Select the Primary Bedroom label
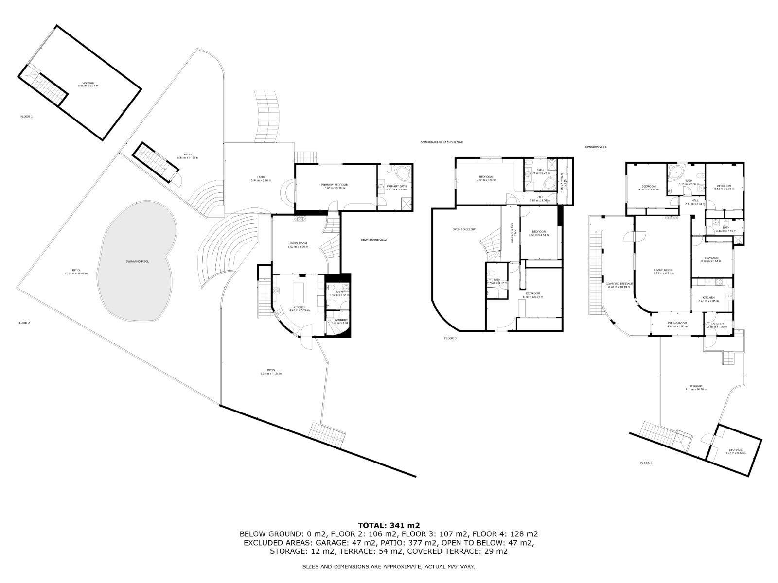(335, 186)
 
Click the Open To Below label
(463, 229)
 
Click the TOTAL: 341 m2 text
(389, 525)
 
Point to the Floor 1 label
(26, 117)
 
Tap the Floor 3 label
(450, 338)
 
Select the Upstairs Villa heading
(596, 147)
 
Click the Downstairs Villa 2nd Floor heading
(442, 142)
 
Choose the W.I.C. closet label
(563, 182)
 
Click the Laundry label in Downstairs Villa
(339, 321)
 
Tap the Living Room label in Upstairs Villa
(663, 271)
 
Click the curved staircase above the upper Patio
(267, 116)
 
